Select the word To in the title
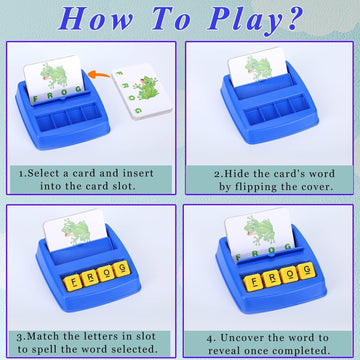[170, 19]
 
